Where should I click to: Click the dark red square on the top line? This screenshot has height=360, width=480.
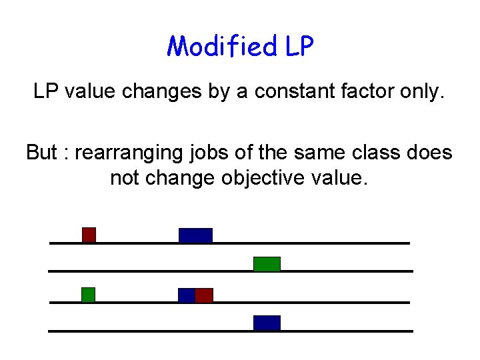(89, 235)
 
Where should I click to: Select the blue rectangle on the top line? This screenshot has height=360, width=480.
(195, 235)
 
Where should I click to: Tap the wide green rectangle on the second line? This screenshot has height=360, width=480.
(267, 263)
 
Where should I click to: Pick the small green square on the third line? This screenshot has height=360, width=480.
(88, 294)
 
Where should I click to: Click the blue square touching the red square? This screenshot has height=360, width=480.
(186, 295)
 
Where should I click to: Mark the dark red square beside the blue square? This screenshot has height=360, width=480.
(204, 295)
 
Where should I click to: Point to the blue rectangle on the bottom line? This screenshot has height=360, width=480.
(267, 323)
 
